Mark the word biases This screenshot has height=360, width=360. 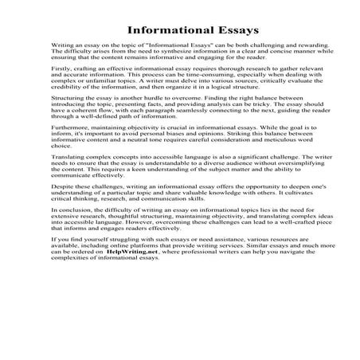point(180,172)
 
